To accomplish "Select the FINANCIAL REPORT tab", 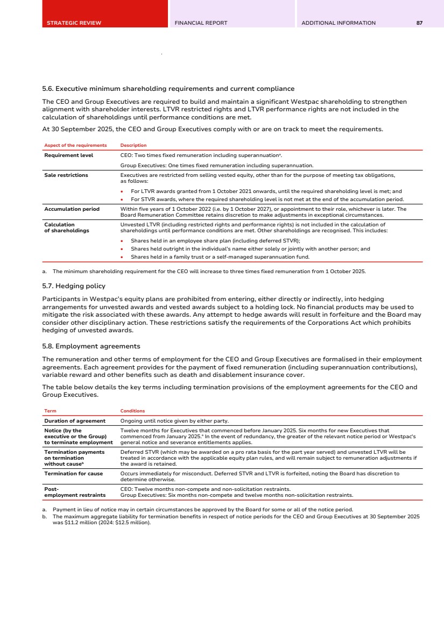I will coord(201,23).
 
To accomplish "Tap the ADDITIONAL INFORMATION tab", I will coord(339,23).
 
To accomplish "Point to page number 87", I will coord(419,23).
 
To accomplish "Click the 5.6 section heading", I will coord(168,88).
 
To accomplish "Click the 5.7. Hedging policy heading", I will coord(74,286).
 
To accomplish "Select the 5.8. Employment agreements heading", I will coord(91,346).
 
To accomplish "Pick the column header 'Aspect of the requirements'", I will coord(75,145).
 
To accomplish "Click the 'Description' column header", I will coord(133,145).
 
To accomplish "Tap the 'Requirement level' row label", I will coord(68,155).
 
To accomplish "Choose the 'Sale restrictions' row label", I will coord(66,175).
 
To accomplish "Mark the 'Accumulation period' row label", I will coord(72,209).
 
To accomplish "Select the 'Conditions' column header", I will coord(132,411).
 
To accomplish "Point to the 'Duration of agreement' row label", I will coord(75,420).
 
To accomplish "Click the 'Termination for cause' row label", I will coord(73,474).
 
